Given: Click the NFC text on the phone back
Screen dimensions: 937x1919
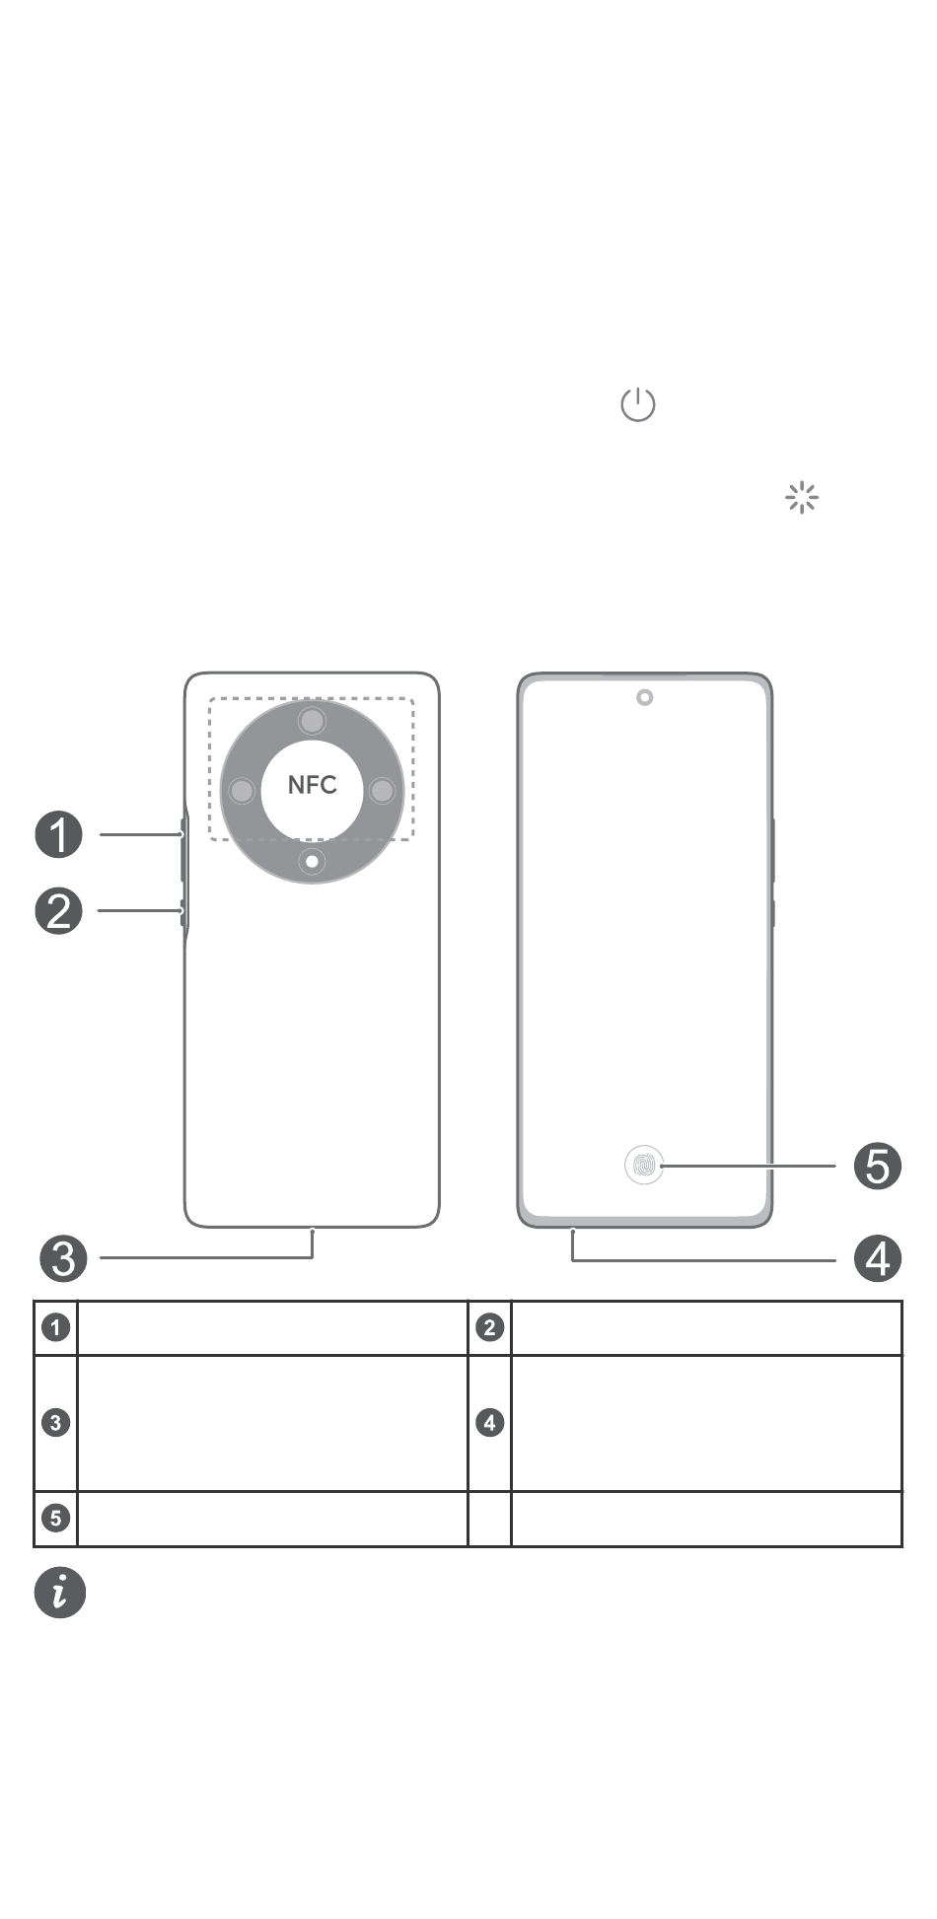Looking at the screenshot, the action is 312,785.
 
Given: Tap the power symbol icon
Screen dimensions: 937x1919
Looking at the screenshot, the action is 638,404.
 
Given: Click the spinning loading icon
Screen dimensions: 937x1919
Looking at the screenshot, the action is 802,498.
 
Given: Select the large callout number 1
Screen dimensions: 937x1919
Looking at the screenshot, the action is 59,835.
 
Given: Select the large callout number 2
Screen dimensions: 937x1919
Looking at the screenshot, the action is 59,910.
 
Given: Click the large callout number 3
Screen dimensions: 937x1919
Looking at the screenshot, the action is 64,1258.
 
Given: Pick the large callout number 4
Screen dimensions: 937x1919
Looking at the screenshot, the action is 878,1258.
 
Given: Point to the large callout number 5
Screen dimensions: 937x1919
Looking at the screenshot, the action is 878,1167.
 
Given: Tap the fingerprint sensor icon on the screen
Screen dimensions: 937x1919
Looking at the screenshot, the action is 644,1166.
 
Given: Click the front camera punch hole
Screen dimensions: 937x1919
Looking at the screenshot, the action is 645,698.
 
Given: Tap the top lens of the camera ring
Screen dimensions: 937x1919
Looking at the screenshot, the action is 313,722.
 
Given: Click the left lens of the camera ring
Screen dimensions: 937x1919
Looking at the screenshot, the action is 242,791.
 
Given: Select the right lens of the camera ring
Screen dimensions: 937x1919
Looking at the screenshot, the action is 382,791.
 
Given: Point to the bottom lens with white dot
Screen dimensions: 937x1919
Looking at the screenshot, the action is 313,862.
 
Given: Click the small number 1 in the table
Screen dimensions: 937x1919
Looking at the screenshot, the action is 56,1327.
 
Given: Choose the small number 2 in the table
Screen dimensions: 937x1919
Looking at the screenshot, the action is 490,1327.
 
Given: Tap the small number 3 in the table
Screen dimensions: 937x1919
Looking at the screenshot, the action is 56,1423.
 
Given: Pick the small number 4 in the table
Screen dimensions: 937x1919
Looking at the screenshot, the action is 490,1423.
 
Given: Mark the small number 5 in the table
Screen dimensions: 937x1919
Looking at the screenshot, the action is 56,1518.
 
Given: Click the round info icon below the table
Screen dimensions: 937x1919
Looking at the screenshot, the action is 60,1593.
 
